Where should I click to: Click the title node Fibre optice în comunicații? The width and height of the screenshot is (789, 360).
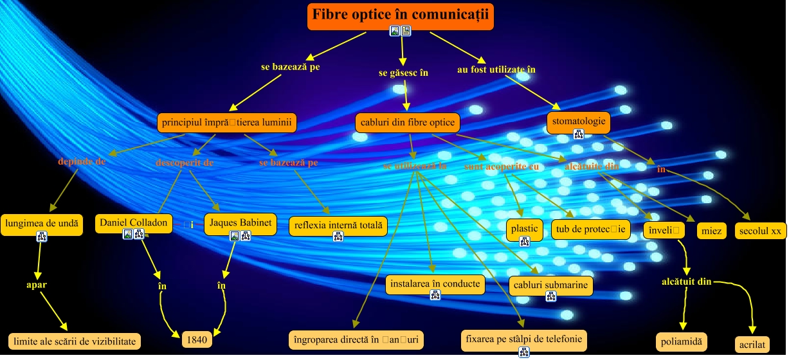point(400,15)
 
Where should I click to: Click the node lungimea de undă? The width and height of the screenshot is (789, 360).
point(42,224)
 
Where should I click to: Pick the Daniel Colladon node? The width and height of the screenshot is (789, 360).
point(134,222)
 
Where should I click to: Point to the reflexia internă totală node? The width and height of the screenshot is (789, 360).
point(338,225)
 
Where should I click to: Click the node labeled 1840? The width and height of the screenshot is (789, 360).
point(197,339)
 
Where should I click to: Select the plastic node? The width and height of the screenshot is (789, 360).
point(524,229)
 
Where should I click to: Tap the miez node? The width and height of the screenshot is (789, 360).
point(712,231)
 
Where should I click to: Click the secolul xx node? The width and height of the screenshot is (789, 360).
point(760,231)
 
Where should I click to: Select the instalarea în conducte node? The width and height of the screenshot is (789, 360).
point(435,283)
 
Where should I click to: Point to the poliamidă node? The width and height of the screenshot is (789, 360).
point(681,340)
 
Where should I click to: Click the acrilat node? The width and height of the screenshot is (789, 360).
point(752,344)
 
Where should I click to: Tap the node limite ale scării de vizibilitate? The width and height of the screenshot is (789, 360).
point(74,341)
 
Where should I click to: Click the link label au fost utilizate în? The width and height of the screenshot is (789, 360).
point(496,69)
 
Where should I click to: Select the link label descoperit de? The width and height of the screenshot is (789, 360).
point(185,163)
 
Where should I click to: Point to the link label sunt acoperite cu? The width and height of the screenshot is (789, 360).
point(502,166)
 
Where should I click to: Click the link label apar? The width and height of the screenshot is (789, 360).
point(37,284)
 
